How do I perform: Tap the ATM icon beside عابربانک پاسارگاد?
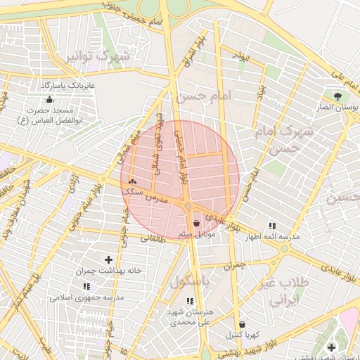click(49, 84)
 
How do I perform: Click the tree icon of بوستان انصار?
click(338, 96)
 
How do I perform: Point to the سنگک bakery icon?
click(131, 182)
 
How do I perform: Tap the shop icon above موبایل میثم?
click(195, 224)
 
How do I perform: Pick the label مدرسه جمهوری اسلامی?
click(86, 297)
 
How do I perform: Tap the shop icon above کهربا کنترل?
click(243, 324)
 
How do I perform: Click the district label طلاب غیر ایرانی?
click(288, 290)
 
